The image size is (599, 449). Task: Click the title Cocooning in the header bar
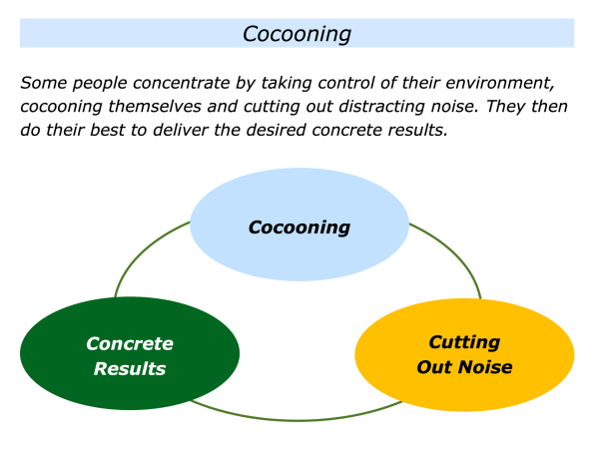click(298, 33)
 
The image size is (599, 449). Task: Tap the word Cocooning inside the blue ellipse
click(299, 227)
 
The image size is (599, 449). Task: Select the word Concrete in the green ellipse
click(130, 344)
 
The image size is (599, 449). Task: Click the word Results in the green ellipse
click(130, 368)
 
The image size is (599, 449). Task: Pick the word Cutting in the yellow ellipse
click(464, 343)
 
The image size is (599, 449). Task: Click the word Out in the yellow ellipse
click(436, 367)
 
